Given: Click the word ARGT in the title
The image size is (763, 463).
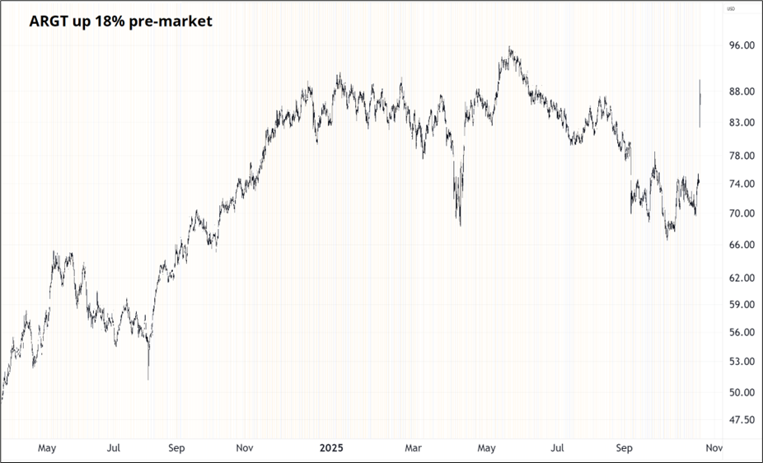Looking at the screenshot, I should tap(51, 22).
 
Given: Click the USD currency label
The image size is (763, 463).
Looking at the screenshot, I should tap(730, 9).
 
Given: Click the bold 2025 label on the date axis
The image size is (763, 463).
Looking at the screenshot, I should tap(330, 448).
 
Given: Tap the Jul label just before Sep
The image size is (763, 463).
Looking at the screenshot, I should tap(558, 448).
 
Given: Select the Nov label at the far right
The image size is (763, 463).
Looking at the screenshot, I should tap(714, 448).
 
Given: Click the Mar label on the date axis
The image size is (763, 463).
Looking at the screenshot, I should tap(413, 448).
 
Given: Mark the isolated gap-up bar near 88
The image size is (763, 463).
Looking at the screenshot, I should tap(700, 103).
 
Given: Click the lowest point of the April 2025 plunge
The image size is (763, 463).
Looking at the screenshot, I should tap(460, 225).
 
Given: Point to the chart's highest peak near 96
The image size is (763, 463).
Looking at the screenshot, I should tap(510, 48).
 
